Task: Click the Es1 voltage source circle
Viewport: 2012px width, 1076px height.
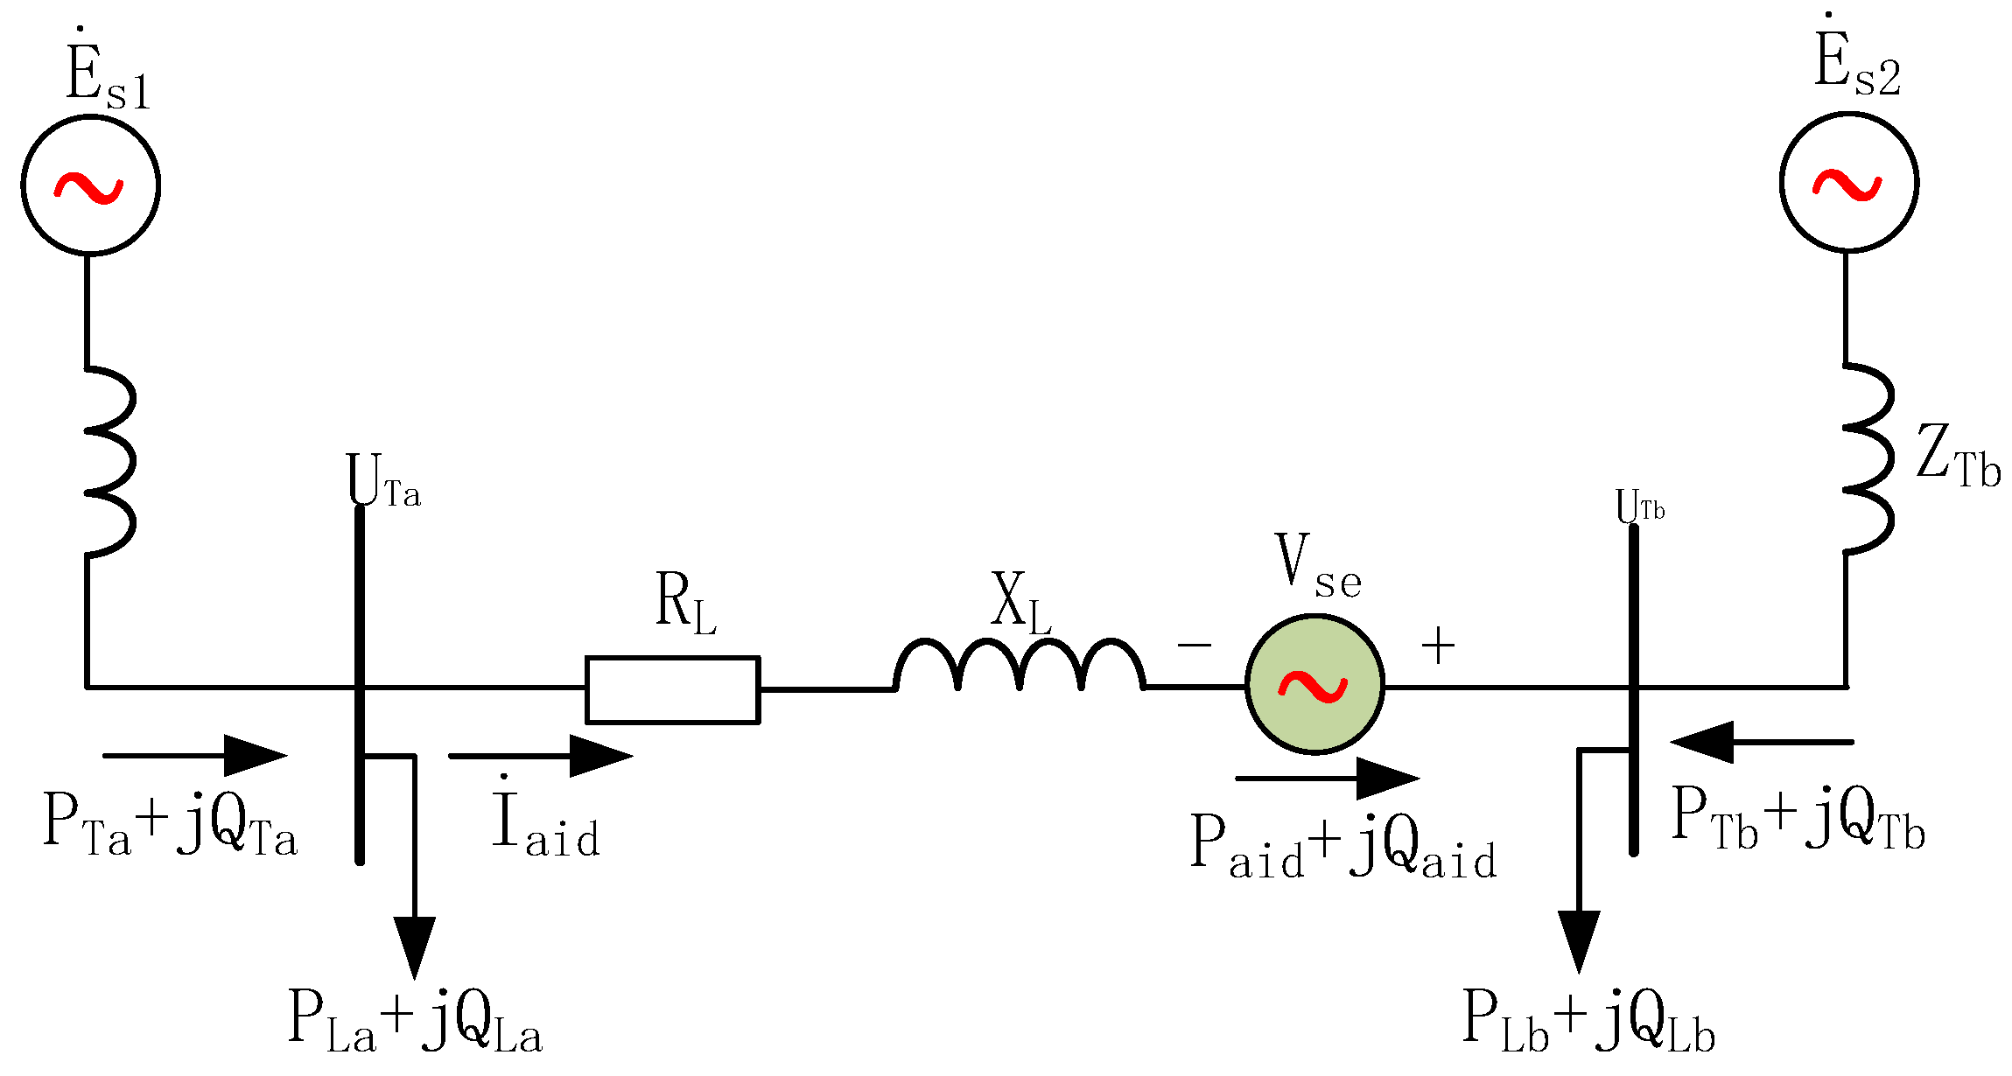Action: (90, 185)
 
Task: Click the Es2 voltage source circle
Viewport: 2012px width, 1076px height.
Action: (1848, 183)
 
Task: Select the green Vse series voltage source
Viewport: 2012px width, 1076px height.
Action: (1314, 684)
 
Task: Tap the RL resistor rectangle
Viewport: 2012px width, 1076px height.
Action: (672, 689)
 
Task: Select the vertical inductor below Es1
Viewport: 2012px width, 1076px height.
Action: (109, 462)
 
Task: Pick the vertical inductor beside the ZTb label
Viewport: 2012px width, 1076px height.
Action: (1868, 459)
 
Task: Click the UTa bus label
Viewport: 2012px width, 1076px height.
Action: (382, 481)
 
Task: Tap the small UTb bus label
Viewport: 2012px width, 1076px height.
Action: (1639, 507)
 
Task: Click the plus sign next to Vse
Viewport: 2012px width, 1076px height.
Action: (1438, 646)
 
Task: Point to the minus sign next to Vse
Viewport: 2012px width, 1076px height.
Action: (1194, 646)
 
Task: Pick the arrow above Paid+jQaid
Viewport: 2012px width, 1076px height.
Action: (1327, 778)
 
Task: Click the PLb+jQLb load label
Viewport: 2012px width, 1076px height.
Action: (1588, 1022)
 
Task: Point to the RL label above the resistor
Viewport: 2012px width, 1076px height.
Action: (685, 604)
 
